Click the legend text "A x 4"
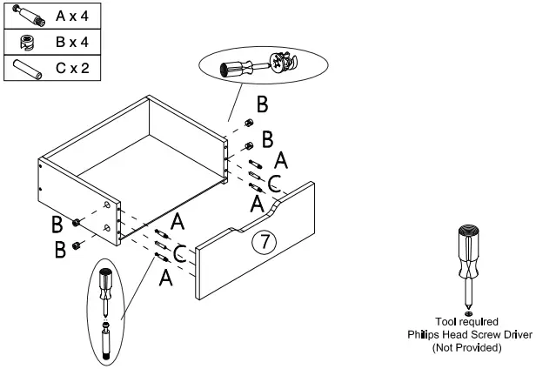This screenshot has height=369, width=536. pyautogui.click(x=72, y=16)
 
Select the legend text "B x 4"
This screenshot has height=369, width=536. pyautogui.click(x=72, y=41)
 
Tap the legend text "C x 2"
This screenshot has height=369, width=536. pyautogui.click(x=72, y=67)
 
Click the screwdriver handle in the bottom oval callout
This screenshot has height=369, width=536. pyautogui.click(x=104, y=282)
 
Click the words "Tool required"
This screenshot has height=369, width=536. pyautogui.click(x=467, y=322)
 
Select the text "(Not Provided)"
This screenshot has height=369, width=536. pyautogui.click(x=467, y=347)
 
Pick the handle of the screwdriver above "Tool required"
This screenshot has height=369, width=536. pyautogui.click(x=468, y=244)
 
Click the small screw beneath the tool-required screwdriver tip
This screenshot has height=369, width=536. pyautogui.click(x=468, y=312)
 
